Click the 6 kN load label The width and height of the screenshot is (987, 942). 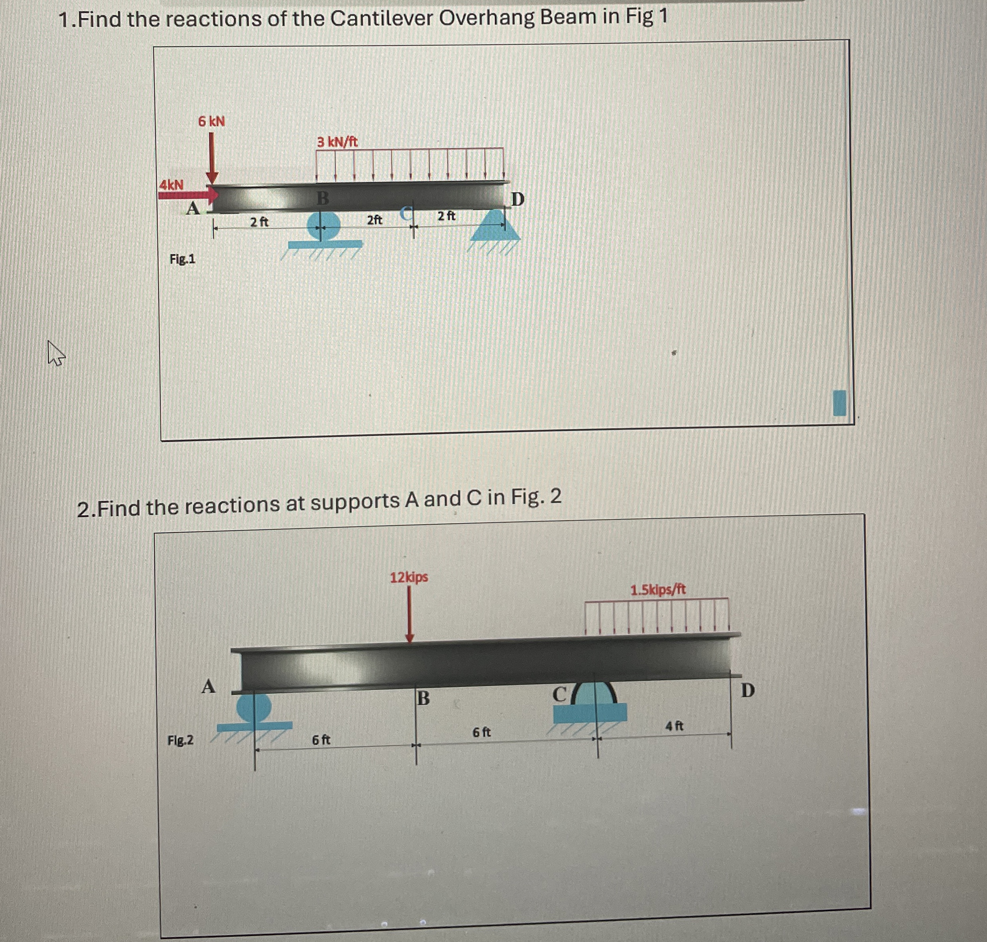pyautogui.click(x=211, y=121)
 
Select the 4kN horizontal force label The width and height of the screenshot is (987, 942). pyautogui.click(x=171, y=185)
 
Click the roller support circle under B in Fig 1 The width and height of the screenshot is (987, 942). pyautogui.click(x=323, y=225)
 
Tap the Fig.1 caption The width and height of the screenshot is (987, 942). pyautogui.click(x=182, y=259)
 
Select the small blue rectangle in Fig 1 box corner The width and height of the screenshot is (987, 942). pyautogui.click(x=839, y=403)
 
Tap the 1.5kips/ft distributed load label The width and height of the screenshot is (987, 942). pyautogui.click(x=657, y=590)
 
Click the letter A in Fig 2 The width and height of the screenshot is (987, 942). pyautogui.click(x=208, y=686)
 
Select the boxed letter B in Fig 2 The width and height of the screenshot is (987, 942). pyautogui.click(x=423, y=698)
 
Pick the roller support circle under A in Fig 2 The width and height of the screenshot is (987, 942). pyautogui.click(x=254, y=707)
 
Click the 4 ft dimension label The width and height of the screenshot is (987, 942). pyautogui.click(x=674, y=726)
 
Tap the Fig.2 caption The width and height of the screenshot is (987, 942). pyautogui.click(x=180, y=740)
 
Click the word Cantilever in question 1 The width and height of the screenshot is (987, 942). pyautogui.click(x=381, y=19)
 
